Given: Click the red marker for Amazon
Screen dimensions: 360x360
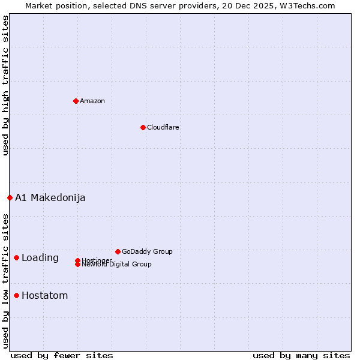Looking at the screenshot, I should point(76,101).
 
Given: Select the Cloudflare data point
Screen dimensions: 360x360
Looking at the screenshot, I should point(143,127).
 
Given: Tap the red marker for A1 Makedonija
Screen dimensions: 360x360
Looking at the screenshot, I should point(10,197).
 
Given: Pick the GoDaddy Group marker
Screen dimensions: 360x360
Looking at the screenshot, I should point(118,251).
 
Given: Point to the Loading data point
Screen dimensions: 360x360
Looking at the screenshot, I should point(16,257).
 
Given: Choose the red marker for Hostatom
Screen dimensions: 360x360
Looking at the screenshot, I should point(16,295).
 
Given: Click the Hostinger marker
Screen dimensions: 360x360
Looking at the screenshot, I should point(77,260).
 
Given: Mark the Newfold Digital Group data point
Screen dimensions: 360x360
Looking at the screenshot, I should point(77,265).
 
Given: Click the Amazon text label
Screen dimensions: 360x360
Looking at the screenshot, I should point(92,101).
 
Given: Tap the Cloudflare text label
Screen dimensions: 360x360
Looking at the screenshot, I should point(163,127).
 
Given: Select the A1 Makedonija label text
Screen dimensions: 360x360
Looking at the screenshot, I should point(50,197).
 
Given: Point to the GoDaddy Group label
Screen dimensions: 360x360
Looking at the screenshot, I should point(147,251).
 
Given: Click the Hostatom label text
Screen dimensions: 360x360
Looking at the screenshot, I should point(45,295).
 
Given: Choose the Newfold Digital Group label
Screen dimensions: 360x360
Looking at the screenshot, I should point(117,265).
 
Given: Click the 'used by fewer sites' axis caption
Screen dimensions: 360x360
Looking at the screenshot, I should point(62,356).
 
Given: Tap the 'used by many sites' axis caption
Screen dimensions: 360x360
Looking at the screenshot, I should point(301,356).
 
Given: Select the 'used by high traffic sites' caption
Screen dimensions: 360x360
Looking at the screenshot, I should point(6,85).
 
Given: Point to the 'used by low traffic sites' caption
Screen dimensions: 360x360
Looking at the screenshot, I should point(6,281).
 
